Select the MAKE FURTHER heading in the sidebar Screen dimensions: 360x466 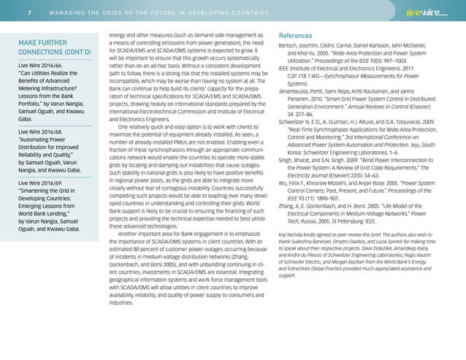(45, 41)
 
